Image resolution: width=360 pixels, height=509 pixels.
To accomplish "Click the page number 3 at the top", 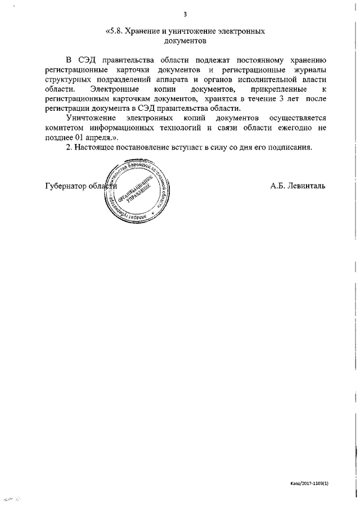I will coord(184,14).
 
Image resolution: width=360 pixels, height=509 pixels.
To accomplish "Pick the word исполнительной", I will coord(272,79).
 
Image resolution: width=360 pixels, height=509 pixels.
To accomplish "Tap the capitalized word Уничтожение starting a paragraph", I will coord(91,119).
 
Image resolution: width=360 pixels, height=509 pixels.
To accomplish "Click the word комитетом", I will coord(63,129).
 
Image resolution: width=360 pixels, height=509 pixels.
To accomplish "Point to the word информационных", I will coord(120,129).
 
